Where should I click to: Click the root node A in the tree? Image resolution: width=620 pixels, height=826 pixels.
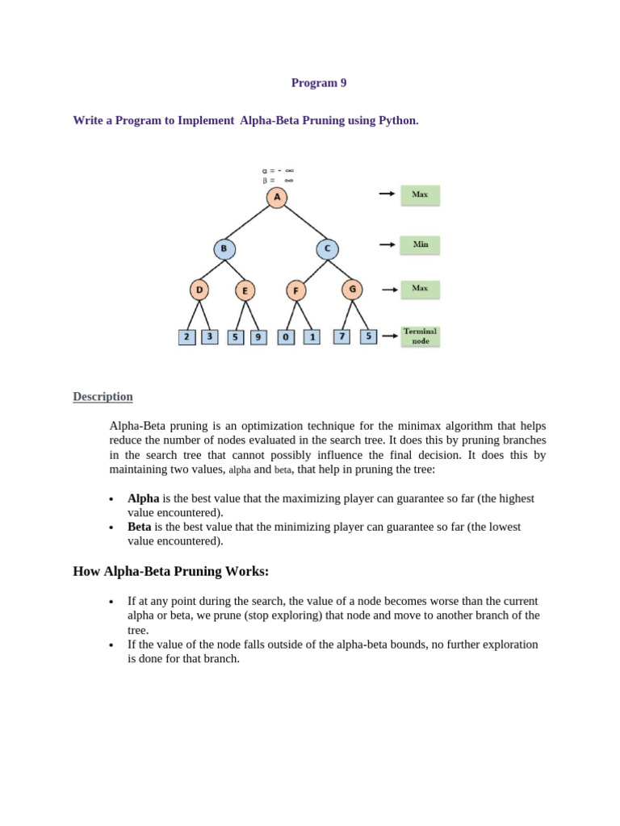coord(277,197)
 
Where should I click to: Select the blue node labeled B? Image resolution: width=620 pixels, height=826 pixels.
coord(224,249)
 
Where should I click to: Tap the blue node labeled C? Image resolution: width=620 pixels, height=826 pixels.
coord(327,249)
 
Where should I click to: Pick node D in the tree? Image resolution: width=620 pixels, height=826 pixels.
coord(199,290)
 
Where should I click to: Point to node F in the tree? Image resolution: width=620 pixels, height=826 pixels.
coord(296,290)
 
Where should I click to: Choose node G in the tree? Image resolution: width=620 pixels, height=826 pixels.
coord(351,288)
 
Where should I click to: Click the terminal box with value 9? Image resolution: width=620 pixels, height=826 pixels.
coord(258,337)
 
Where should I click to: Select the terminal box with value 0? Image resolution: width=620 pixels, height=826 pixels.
coord(286,337)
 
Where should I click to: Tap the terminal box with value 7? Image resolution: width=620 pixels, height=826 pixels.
coord(341,336)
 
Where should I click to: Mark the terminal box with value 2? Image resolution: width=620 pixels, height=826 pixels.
coord(186,336)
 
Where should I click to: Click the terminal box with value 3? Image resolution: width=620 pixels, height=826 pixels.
coord(209,336)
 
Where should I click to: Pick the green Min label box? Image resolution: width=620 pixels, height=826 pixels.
coord(420,244)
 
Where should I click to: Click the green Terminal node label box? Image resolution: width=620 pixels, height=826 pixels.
coord(420,336)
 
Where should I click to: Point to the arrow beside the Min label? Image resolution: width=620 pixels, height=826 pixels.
coord(387,244)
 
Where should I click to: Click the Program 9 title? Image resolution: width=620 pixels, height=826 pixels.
coord(319,83)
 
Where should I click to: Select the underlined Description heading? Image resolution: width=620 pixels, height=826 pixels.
coord(103,397)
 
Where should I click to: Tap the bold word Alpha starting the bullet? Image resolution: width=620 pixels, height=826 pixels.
coord(144,499)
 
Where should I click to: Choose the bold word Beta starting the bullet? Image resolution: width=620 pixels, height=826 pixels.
coord(140,527)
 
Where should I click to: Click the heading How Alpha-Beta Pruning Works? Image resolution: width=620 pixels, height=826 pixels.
coord(170,572)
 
